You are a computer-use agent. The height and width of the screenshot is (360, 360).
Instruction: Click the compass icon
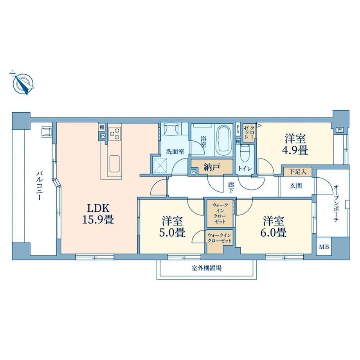pos(23,83)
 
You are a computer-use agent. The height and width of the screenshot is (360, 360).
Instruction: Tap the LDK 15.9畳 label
pos(97,214)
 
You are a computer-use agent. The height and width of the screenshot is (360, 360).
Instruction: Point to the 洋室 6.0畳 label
pos(274,227)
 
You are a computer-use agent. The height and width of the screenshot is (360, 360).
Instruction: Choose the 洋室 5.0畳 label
pos(172,227)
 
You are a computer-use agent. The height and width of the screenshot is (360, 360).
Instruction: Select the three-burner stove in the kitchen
pos(115,133)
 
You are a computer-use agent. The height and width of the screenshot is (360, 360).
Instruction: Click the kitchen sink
pos(114,164)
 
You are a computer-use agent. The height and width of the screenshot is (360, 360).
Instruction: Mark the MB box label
pos(324,247)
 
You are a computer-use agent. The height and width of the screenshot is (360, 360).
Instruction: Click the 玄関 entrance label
pos(296,186)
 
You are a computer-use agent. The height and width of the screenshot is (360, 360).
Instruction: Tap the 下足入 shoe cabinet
pos(297,172)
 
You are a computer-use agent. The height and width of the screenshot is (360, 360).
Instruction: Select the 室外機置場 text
pos(207,268)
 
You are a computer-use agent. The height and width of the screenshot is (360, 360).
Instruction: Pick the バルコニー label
pos(39,186)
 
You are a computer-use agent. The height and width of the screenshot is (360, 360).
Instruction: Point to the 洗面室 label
pos(175,151)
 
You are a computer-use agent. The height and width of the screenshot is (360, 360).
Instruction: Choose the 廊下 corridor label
pos(231,187)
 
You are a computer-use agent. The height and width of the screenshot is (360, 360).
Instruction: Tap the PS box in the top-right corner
pos(340,130)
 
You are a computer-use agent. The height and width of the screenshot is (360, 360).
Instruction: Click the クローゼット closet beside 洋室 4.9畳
pos(249,133)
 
